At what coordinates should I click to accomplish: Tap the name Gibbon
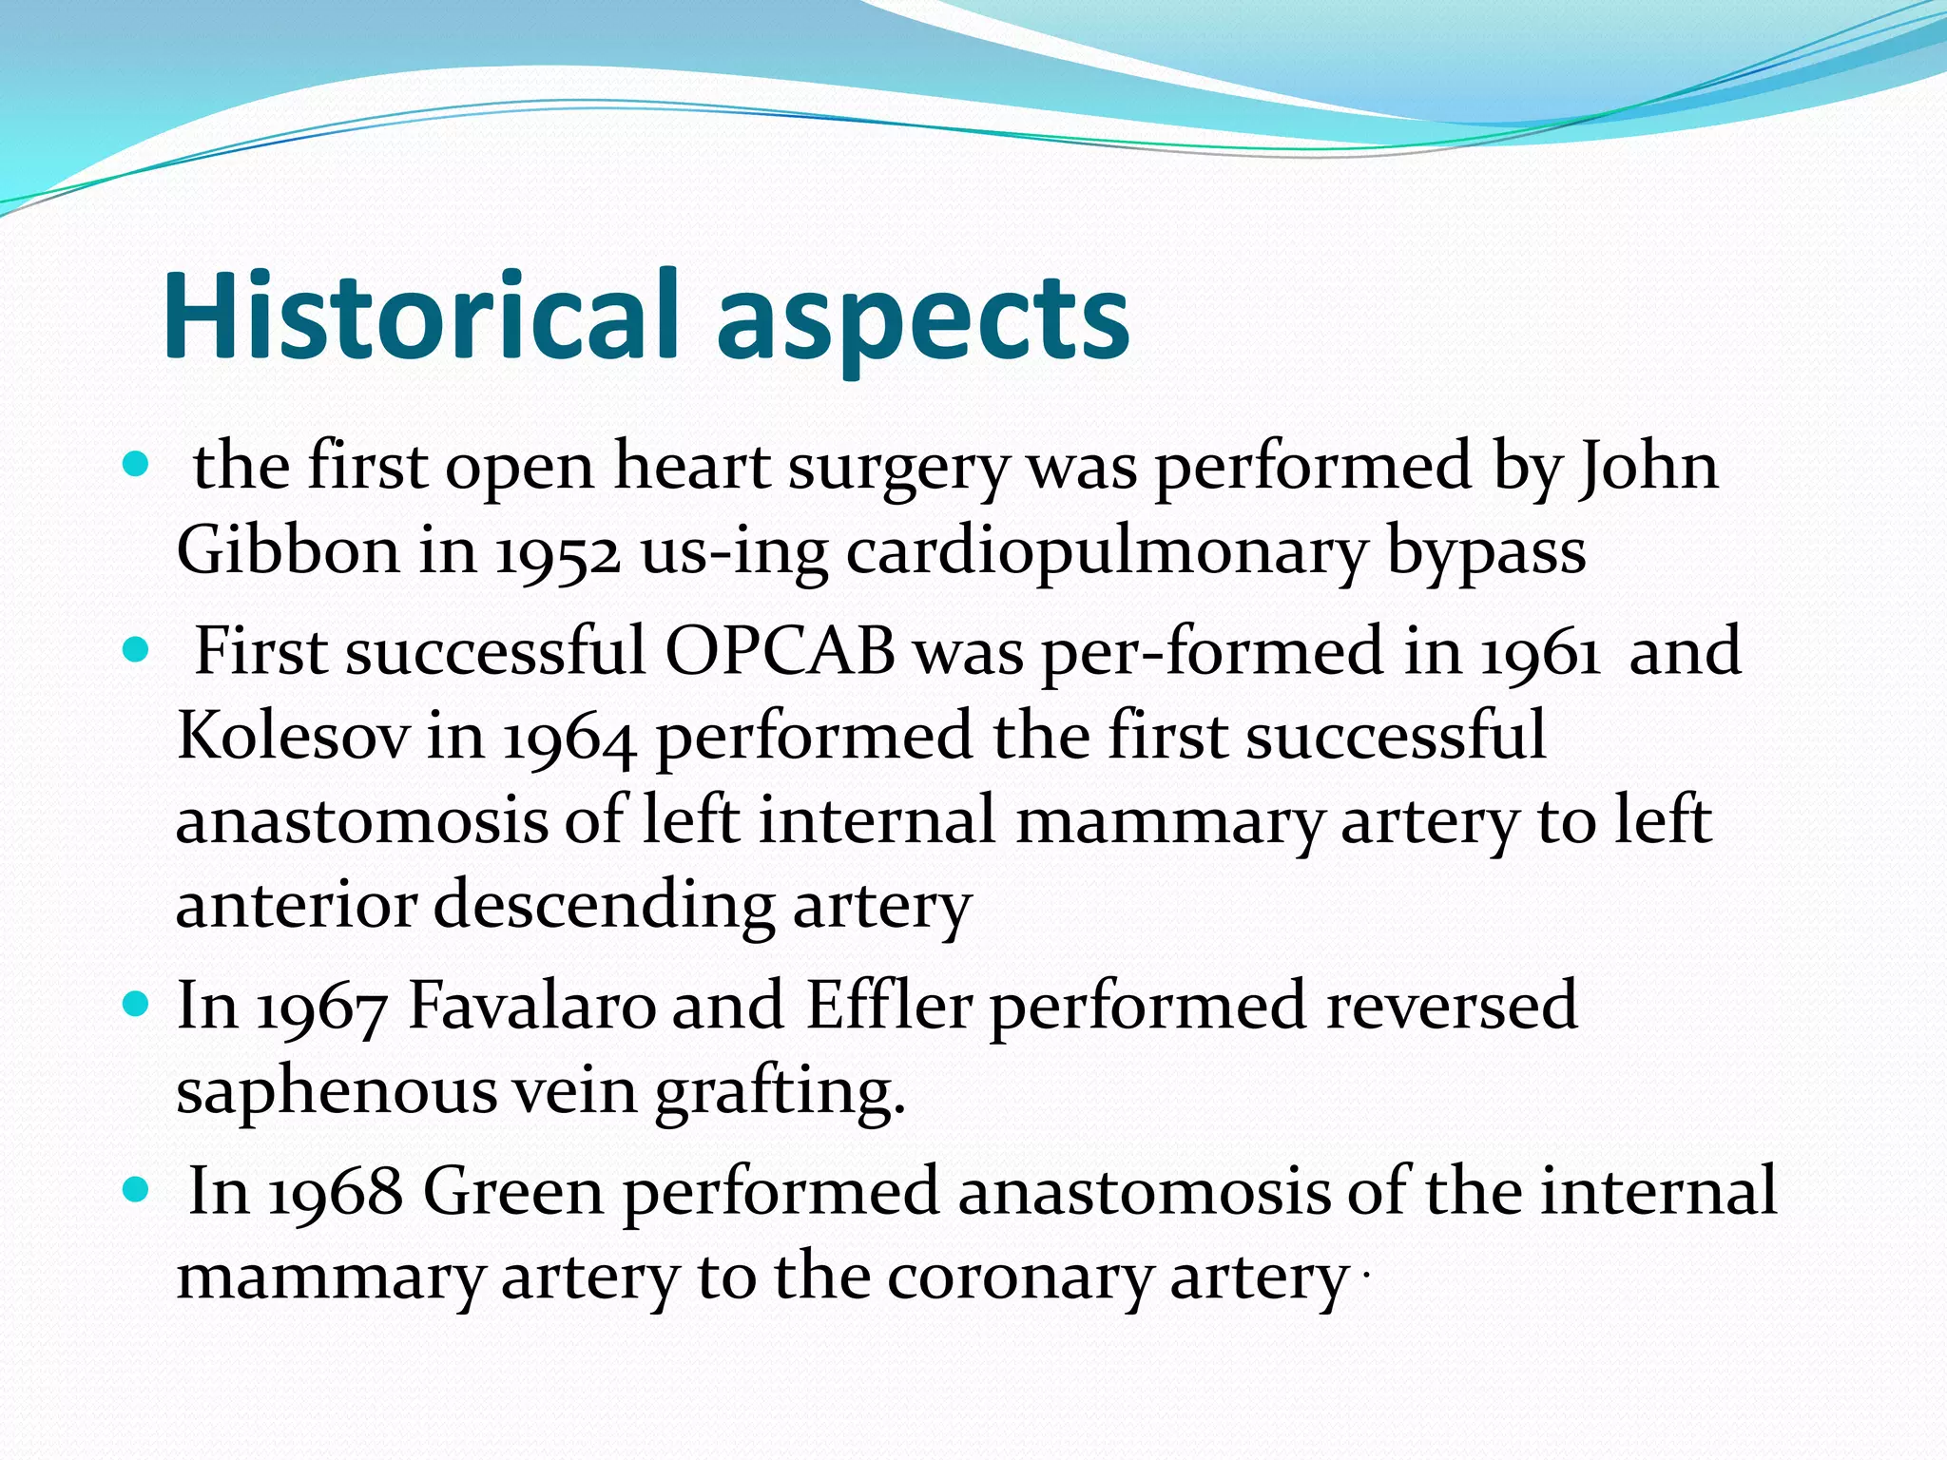coord(288,550)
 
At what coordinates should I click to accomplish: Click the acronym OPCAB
coord(780,652)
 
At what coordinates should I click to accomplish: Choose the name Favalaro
coord(531,1006)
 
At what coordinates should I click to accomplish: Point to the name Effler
coord(889,1006)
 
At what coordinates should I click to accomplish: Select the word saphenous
coord(337,1091)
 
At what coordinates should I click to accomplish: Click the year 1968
coord(336,1191)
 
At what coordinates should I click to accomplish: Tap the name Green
coord(513,1191)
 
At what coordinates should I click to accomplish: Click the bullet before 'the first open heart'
coord(137,466)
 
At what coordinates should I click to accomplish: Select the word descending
coord(604,905)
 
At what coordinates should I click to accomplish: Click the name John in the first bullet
coord(1648,467)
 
